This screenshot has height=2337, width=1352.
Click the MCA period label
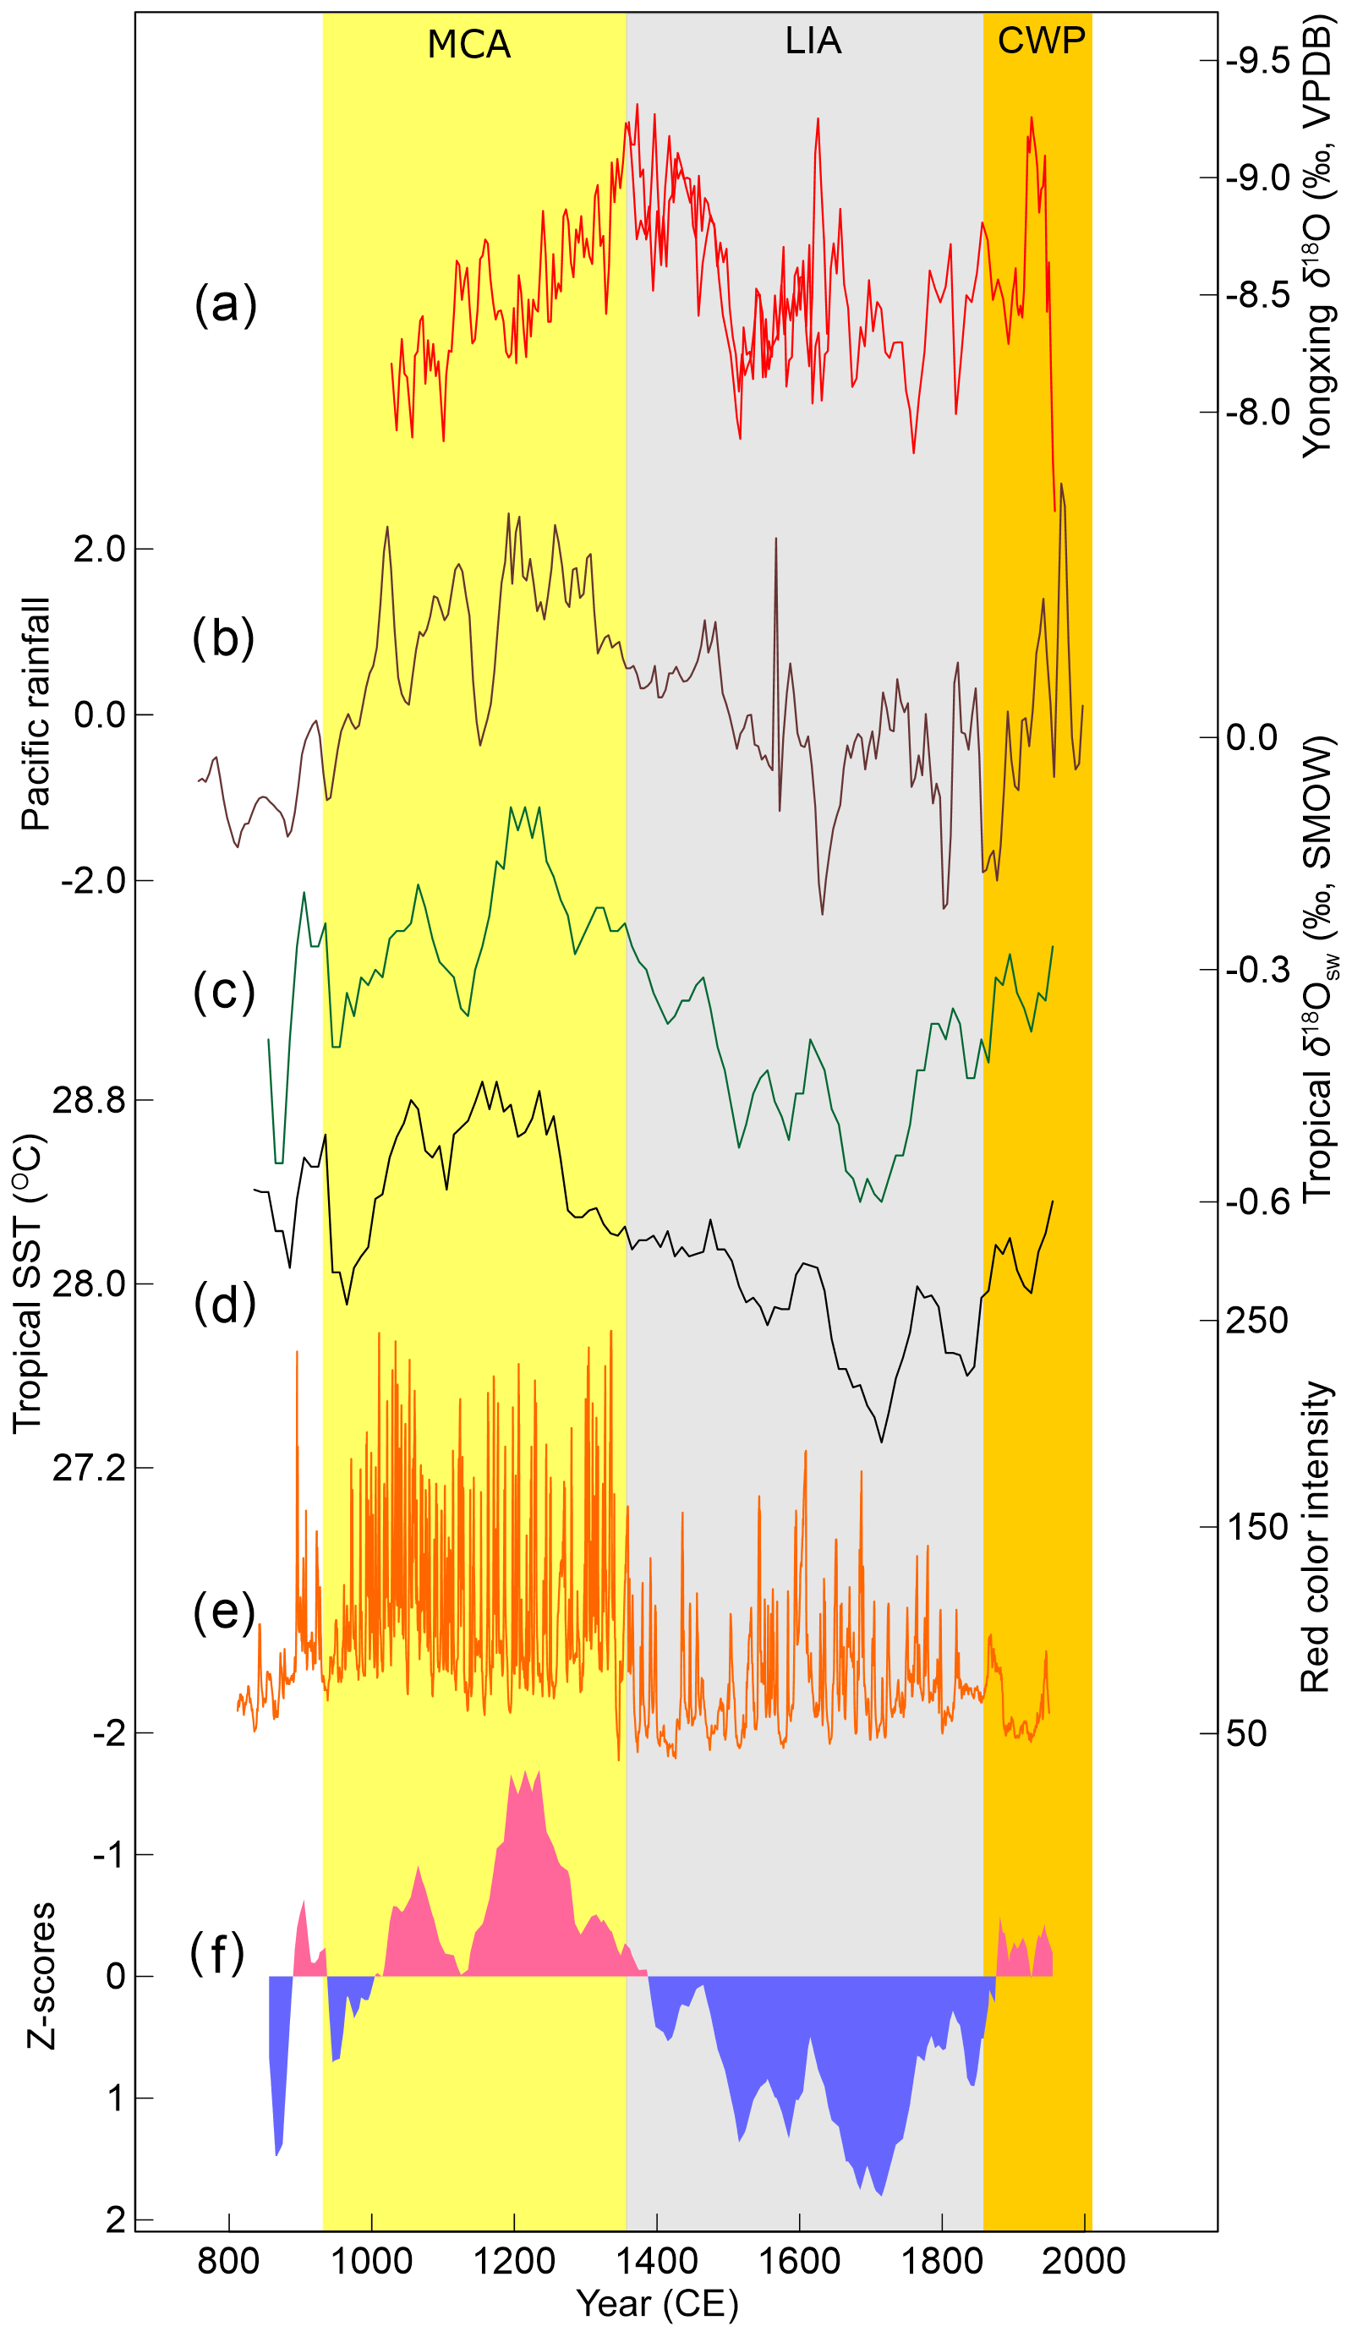468,45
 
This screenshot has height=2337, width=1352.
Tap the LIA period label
813,41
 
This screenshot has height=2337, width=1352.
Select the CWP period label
1041,40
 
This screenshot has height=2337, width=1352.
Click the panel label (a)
224,304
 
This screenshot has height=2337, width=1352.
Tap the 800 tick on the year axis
228,2260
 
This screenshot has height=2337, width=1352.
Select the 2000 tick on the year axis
1083,2260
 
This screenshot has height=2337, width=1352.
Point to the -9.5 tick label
1257,61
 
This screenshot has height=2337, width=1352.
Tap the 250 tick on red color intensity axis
1256,1320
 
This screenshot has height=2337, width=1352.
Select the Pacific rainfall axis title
36,714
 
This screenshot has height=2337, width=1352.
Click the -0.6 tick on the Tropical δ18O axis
1257,1201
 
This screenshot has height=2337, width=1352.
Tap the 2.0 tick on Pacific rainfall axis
99,549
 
